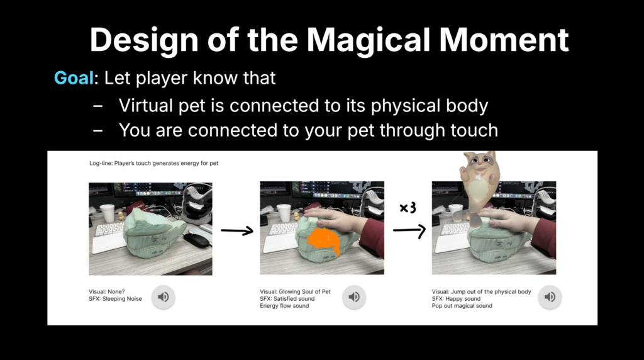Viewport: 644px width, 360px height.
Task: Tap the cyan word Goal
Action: click(x=74, y=77)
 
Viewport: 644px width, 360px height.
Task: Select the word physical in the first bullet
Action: click(x=404, y=106)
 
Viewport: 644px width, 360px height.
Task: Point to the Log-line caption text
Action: click(x=153, y=163)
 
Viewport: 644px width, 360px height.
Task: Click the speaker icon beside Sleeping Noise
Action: click(x=163, y=296)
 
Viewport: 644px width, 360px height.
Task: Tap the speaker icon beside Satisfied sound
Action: click(x=354, y=296)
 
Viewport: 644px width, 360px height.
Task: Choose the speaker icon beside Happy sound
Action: click(x=550, y=296)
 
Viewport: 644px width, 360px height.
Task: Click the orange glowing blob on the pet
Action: click(x=324, y=241)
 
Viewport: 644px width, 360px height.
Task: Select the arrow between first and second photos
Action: click(x=237, y=230)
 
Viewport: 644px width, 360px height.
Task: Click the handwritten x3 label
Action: click(x=408, y=208)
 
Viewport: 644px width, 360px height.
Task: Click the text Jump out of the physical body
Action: click(x=491, y=292)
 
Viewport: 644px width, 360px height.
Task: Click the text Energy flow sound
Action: click(x=284, y=306)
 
